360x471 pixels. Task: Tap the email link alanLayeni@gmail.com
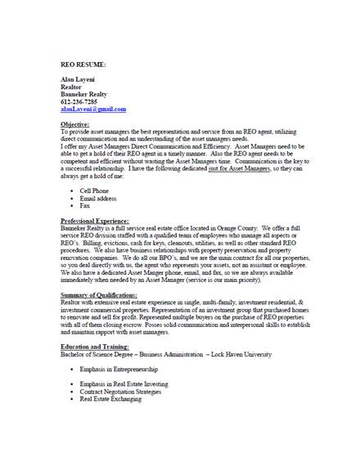coord(93,109)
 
